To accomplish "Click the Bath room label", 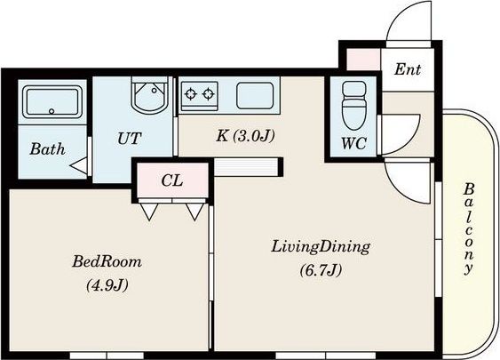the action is point(47,149).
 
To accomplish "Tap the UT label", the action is point(130,138).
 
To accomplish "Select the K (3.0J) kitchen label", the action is point(245,136).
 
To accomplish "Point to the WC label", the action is point(353,143).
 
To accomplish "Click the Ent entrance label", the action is point(408,69).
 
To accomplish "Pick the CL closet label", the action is point(172,180).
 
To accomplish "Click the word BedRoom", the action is point(107,261).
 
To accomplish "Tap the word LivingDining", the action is point(321,247).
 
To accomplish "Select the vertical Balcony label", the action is point(468,228).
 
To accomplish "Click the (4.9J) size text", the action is point(107,285).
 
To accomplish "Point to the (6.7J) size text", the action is point(321,270).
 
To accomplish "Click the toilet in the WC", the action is point(353,105).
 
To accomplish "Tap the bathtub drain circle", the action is point(52,111).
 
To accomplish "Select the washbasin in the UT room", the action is point(150,94).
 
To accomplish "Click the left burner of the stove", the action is point(191,94).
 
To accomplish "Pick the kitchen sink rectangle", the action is point(255,95).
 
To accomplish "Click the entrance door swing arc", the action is point(401,15).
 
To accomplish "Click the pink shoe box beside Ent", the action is point(363,59).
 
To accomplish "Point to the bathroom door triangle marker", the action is point(79,165).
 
